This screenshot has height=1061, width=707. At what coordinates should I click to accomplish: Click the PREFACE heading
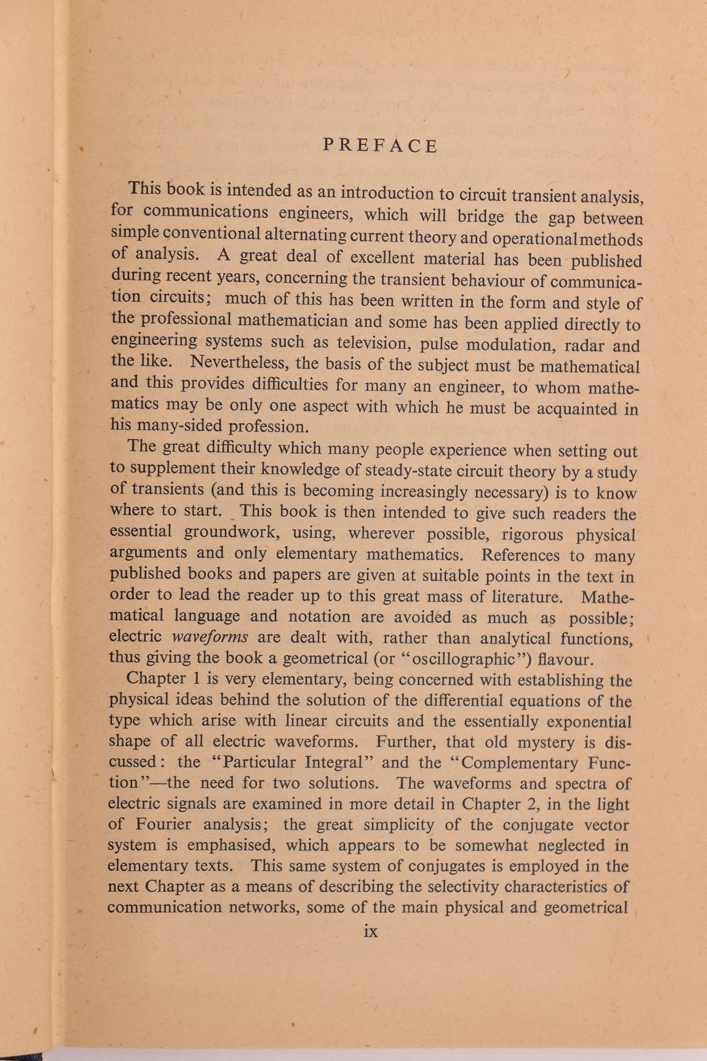(x=380, y=145)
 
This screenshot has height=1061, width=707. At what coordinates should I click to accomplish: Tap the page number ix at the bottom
(x=371, y=932)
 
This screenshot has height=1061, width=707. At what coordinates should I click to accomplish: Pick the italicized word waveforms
(x=211, y=637)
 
